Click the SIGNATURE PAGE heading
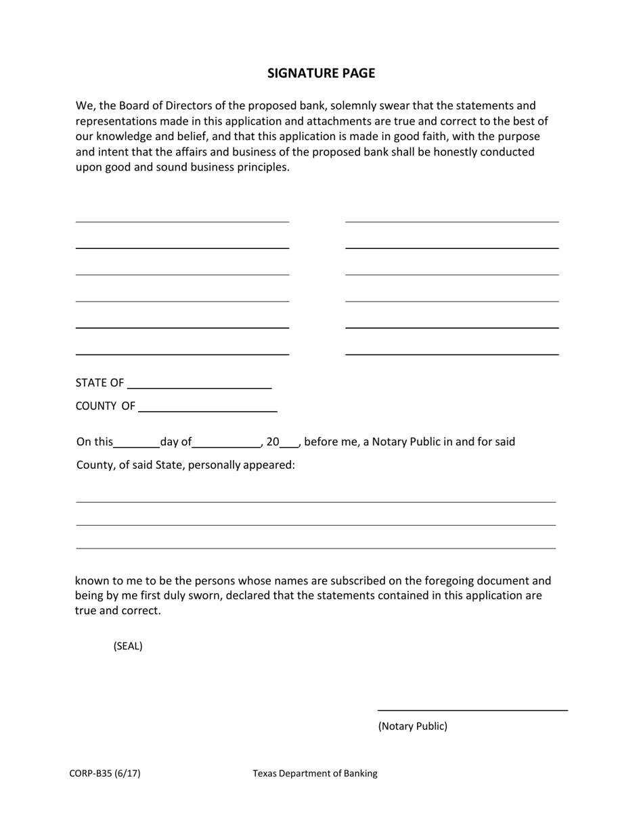click(x=321, y=73)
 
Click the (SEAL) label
click(x=128, y=646)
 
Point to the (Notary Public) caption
click(x=412, y=726)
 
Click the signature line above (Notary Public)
click(x=472, y=710)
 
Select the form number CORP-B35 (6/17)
click(x=105, y=773)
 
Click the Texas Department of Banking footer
click(x=315, y=773)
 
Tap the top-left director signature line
click(x=182, y=221)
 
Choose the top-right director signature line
click(x=451, y=221)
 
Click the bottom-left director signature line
click(x=182, y=353)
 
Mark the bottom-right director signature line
click(x=451, y=353)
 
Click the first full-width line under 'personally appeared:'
click(x=315, y=501)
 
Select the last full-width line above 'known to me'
click(x=315, y=547)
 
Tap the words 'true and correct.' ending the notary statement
click(x=118, y=611)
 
